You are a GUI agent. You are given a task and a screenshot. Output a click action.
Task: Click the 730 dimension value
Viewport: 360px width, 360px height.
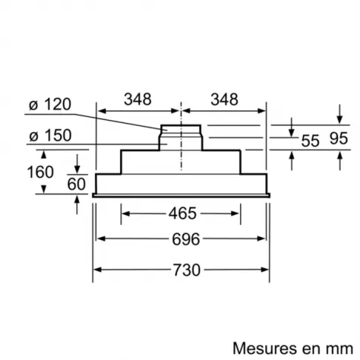(180, 270)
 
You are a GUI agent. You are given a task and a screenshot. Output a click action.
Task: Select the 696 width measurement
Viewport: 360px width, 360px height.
(180, 240)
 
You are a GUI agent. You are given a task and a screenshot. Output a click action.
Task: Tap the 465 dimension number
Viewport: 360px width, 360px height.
(180, 214)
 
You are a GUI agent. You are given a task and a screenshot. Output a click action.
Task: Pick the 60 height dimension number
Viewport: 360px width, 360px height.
(76, 183)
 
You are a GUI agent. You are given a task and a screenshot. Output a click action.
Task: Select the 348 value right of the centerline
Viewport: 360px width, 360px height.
(224, 99)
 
